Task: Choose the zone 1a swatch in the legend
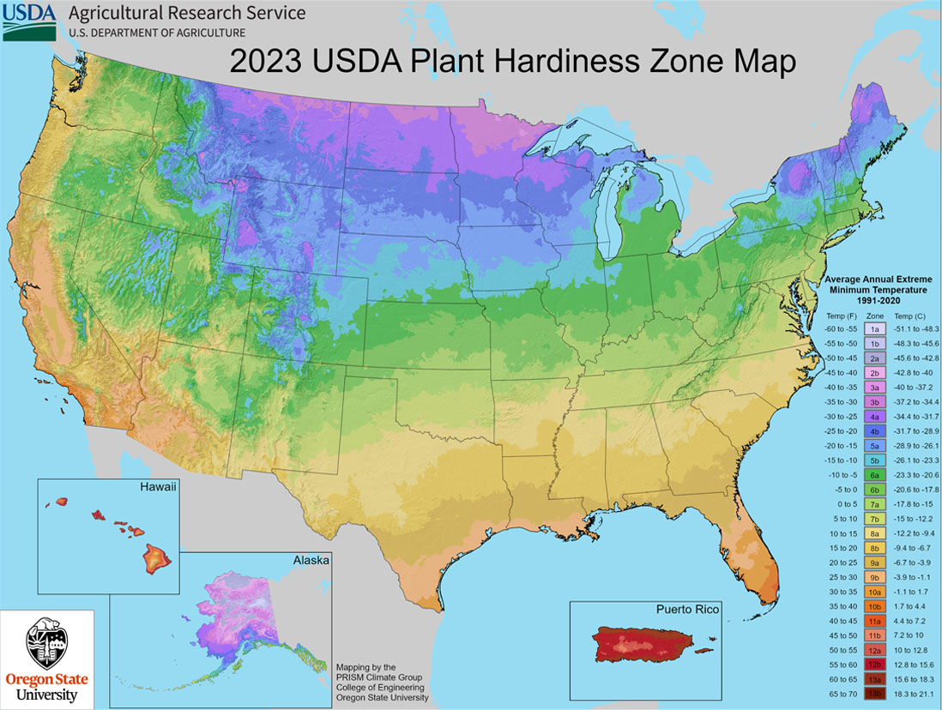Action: [x=874, y=328]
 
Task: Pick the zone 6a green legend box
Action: [x=874, y=473]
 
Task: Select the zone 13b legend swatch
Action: [x=874, y=691]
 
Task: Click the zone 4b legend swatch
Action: [x=874, y=430]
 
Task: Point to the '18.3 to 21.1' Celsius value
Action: [x=915, y=691]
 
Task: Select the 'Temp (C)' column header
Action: [x=911, y=316]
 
